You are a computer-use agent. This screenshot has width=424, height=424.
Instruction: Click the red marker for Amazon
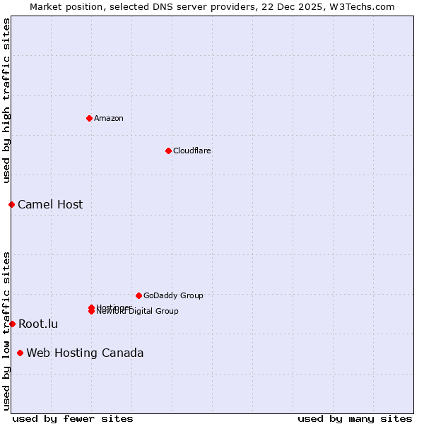[x=89, y=118]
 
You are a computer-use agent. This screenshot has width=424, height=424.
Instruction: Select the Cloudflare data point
[x=168, y=151]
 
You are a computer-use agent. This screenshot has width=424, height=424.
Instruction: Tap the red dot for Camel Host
[x=11, y=204]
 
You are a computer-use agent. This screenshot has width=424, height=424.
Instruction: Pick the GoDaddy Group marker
[x=139, y=295]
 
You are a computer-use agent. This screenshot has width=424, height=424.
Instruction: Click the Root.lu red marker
[x=12, y=324]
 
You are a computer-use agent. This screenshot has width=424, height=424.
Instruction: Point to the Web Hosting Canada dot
[x=20, y=353]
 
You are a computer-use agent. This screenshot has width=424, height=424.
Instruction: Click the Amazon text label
[x=109, y=118]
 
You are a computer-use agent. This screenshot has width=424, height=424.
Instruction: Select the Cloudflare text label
[x=192, y=151]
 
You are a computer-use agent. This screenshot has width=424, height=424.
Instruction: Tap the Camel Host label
[x=50, y=204]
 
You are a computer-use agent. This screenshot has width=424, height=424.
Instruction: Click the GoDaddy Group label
[x=173, y=295]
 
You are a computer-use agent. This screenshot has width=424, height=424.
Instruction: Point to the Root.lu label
[x=38, y=324]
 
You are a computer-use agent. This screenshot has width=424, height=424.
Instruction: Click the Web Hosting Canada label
[x=85, y=353]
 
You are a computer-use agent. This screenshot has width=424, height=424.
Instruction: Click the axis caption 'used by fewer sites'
[x=73, y=418]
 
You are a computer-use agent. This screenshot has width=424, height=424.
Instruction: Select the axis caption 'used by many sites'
[x=355, y=418]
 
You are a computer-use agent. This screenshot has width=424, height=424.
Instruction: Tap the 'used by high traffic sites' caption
[x=6, y=101]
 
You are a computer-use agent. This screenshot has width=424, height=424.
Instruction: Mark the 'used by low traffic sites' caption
[x=6, y=331]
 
